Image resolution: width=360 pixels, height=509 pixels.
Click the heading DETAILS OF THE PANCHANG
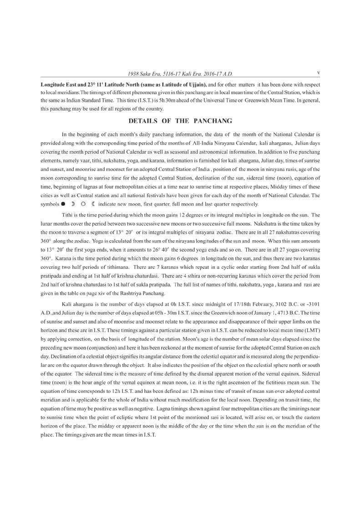[181, 121]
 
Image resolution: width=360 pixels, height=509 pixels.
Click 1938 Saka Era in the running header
[143, 73]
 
